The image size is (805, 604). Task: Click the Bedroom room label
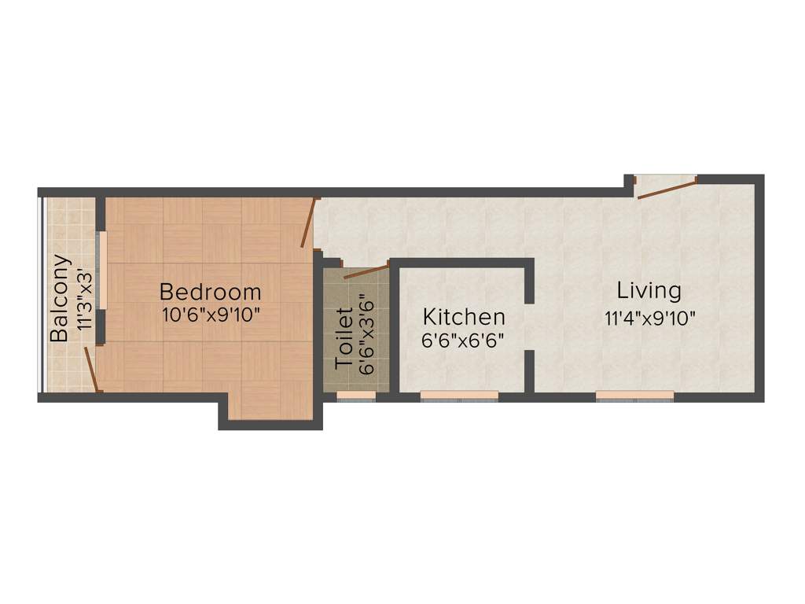click(x=210, y=292)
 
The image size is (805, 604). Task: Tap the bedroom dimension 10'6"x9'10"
click(x=210, y=315)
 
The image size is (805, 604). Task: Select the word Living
click(x=649, y=290)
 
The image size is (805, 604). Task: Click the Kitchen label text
click(x=464, y=317)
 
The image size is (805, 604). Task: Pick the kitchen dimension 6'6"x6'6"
click(x=463, y=341)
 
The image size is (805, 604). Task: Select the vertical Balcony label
click(x=60, y=298)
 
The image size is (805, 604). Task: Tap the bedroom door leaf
click(x=308, y=223)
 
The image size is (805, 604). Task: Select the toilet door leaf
click(x=366, y=272)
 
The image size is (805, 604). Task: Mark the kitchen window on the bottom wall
click(x=459, y=395)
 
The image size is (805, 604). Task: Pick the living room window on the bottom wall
click(x=634, y=395)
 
